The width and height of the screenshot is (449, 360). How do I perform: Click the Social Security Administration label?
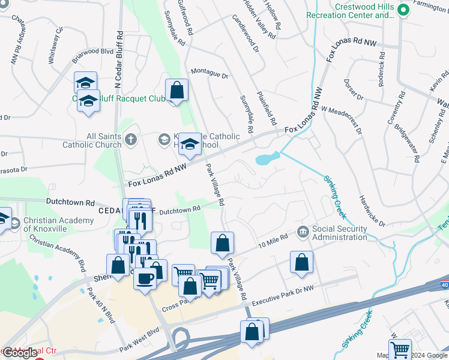coord(339,233)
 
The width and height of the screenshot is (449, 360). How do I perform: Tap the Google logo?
coord(19,353)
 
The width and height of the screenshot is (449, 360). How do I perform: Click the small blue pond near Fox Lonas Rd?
coord(267,159)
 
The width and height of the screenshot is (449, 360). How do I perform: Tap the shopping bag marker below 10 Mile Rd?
coord(301,262)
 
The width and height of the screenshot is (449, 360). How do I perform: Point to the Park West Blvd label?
coord(139,347)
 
